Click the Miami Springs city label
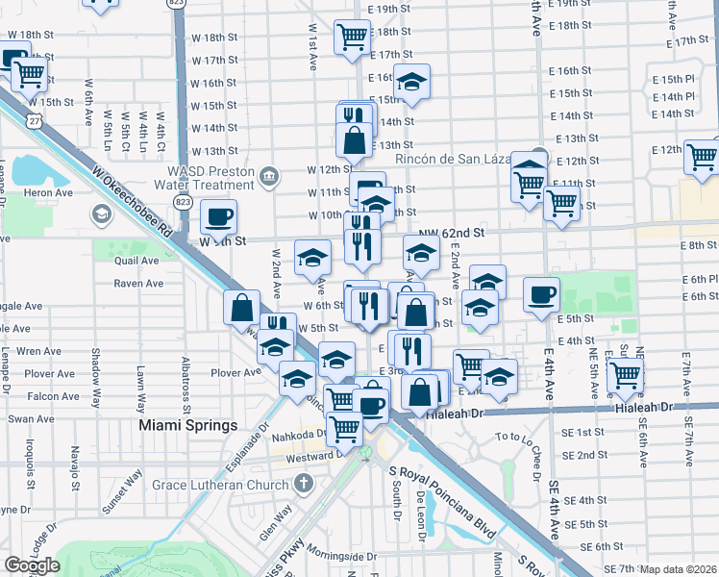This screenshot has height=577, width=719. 187,425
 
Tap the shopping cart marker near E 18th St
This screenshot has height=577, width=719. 352,37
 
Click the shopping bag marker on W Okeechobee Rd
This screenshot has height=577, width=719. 242,308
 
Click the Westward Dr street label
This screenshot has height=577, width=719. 308,457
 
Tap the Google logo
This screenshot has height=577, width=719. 33,565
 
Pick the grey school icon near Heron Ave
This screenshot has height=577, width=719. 100,213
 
